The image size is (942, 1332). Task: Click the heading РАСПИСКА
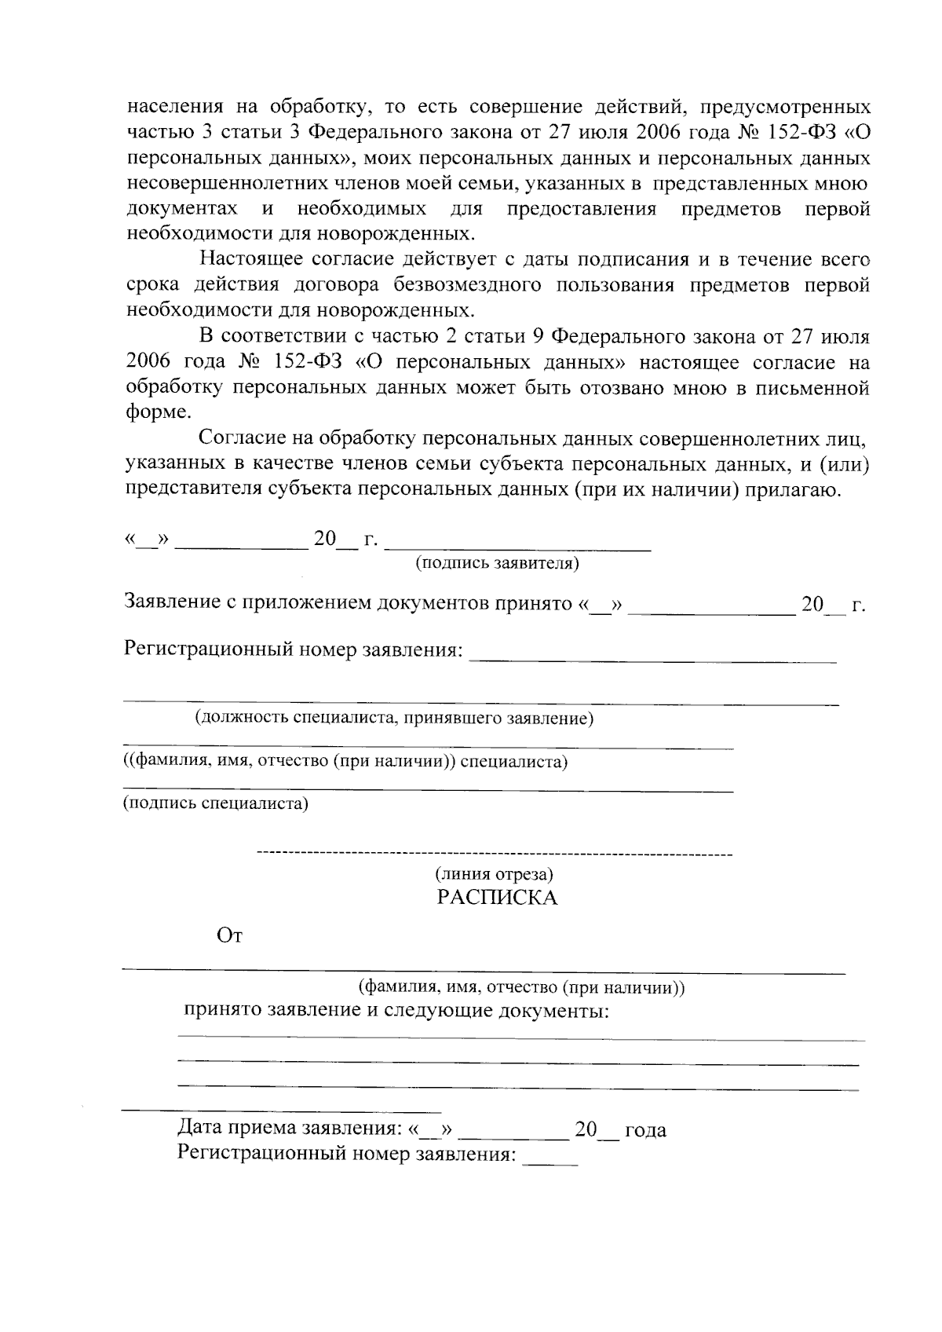[497, 898]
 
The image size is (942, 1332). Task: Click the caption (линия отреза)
[495, 873]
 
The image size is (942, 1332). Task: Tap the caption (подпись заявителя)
[497, 563]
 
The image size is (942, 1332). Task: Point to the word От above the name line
[229, 936]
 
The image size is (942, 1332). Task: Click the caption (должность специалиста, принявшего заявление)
[394, 718]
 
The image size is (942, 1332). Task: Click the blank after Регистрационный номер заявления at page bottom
[550, 1161]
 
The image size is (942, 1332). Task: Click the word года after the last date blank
[645, 1130]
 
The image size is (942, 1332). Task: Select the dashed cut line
[495, 853]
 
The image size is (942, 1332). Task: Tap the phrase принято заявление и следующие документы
[396, 1010]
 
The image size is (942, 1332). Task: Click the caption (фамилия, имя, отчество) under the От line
[521, 988]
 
